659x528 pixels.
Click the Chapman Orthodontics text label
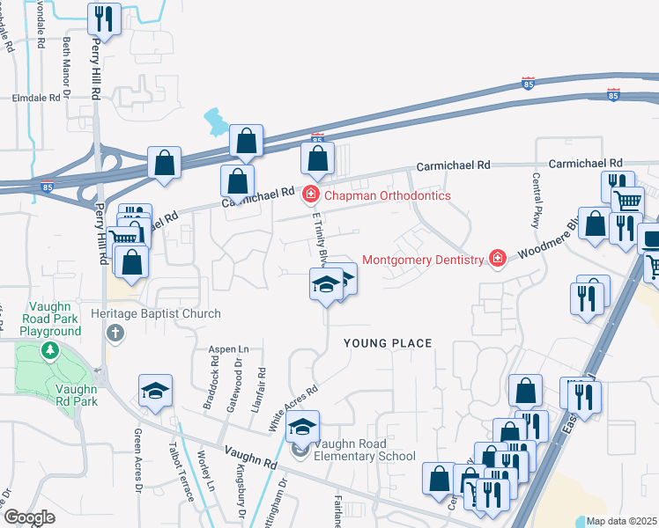pos(387,194)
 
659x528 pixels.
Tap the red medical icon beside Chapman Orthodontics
pos(310,194)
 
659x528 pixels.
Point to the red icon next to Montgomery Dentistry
pos(498,259)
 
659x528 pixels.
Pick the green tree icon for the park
pos(50,352)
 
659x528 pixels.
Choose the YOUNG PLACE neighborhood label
pos(388,343)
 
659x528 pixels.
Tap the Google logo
pos(29,517)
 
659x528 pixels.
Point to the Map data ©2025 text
pos(621,521)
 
